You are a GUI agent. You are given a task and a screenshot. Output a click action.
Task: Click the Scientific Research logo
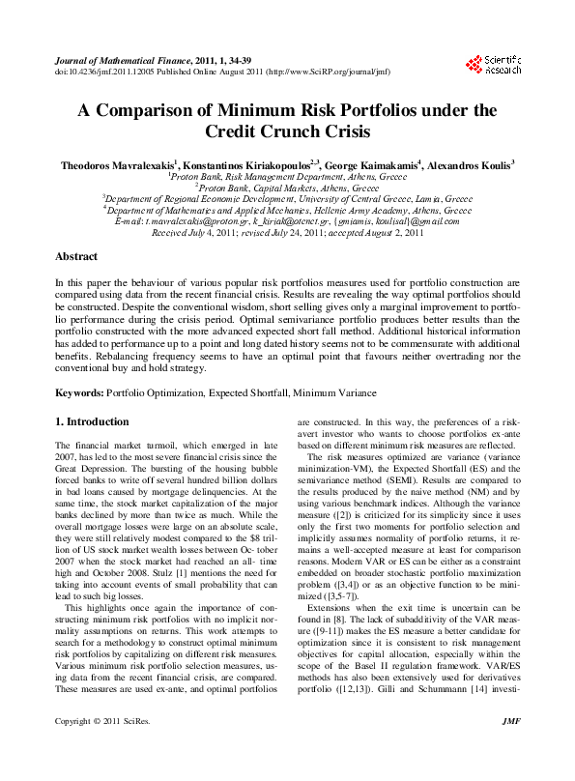coord(493,65)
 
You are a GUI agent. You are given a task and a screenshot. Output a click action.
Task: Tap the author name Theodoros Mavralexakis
coord(117,165)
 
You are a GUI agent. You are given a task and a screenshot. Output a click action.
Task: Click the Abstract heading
coord(76,256)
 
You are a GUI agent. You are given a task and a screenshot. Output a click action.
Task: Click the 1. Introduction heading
coord(92,421)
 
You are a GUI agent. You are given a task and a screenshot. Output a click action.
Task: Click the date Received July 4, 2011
coord(183,233)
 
